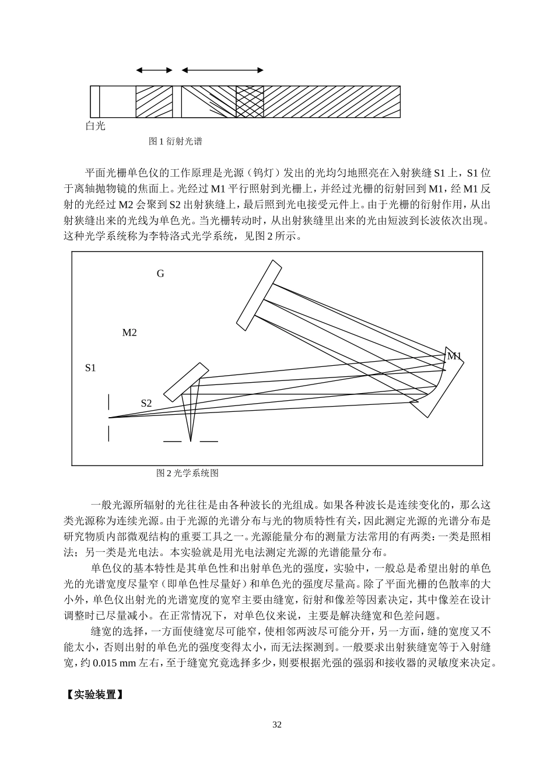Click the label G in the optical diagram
point(160,274)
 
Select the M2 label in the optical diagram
point(129,333)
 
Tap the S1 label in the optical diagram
point(90,368)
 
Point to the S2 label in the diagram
point(146,403)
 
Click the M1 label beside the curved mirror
point(454,356)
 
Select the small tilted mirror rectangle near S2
point(186,382)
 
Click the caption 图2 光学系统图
point(187,473)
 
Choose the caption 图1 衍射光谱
point(176,141)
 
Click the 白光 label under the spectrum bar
point(96,126)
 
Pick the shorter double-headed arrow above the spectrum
point(155,70)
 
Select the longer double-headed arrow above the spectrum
point(222,70)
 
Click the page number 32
point(277,725)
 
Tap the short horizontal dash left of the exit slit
point(172,441)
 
